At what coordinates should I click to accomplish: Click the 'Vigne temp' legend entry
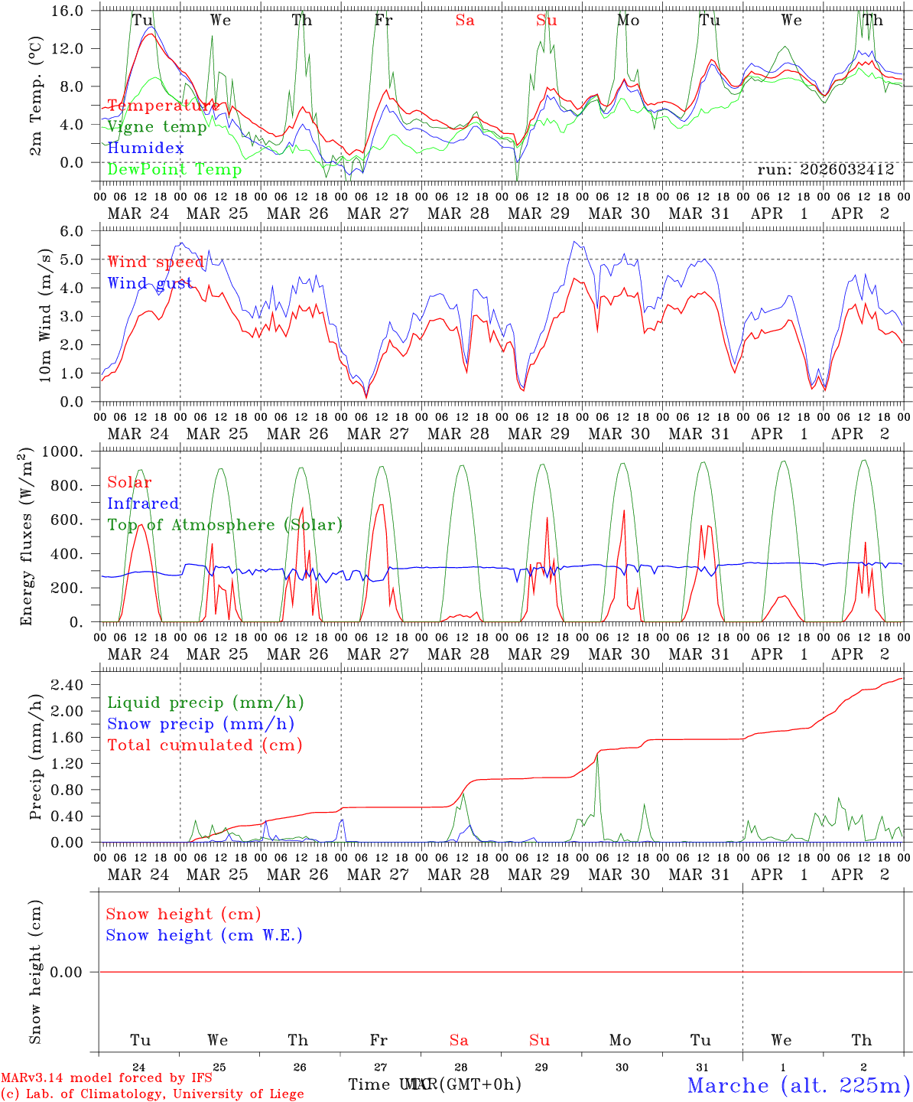(157, 127)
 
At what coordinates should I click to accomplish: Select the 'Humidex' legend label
(145, 148)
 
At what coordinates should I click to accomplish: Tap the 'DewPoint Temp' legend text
(174, 170)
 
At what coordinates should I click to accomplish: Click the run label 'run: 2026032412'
(825, 170)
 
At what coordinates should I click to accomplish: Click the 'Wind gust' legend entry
(151, 283)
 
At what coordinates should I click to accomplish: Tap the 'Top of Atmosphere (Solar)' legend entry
(225, 525)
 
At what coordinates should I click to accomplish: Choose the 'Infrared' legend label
(143, 504)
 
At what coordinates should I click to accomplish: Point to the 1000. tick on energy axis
(67, 452)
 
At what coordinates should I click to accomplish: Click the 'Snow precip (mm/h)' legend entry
(200, 724)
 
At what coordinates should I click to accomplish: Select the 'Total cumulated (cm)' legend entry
(205, 745)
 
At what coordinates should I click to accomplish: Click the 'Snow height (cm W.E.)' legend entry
(204, 935)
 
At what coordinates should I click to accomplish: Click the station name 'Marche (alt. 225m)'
(798, 1085)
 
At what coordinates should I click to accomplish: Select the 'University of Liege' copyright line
(152, 1094)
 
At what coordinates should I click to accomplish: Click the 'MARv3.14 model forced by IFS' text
(106, 1078)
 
